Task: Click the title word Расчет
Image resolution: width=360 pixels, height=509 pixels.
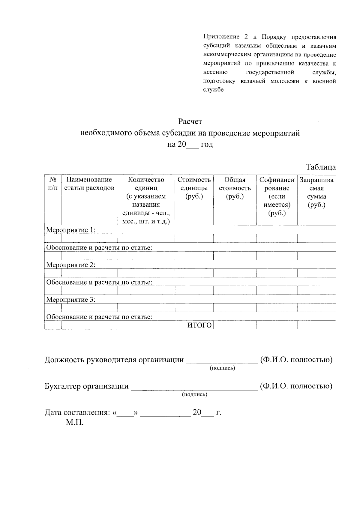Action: click(x=190, y=122)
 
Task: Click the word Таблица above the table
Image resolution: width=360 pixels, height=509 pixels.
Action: click(x=321, y=167)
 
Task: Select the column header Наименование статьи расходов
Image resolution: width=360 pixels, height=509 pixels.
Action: click(x=89, y=184)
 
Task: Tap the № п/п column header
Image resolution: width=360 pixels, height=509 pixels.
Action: click(x=53, y=184)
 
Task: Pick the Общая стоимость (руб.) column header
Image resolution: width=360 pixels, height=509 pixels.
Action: click(x=235, y=188)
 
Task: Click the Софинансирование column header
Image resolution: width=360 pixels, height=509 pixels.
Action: click(x=277, y=196)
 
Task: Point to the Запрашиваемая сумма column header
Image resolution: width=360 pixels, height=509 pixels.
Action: click(x=316, y=192)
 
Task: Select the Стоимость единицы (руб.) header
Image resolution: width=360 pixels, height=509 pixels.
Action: click(x=194, y=188)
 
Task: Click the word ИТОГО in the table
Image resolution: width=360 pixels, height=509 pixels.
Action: click(x=199, y=325)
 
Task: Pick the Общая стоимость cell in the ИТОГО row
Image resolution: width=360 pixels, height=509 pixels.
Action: click(x=235, y=325)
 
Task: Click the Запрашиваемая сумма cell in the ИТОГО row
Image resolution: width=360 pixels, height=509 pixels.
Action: click(x=316, y=325)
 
